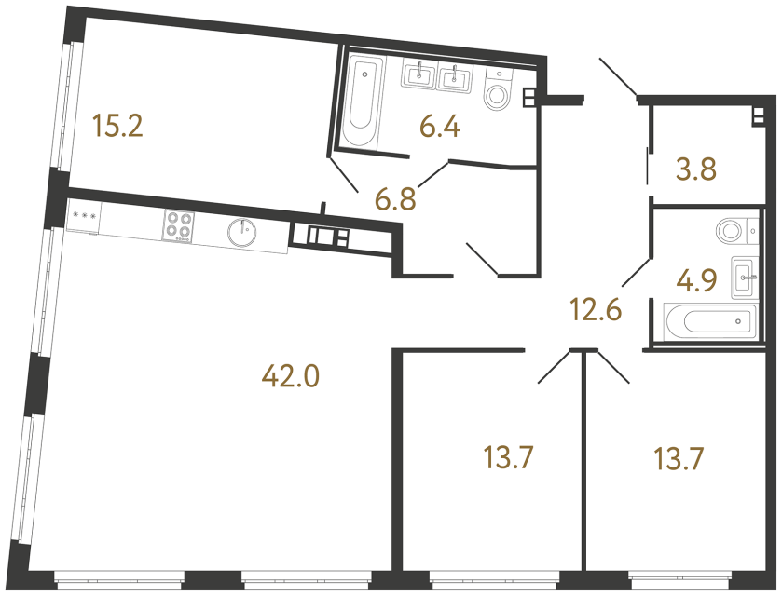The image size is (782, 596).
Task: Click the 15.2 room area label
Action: [x=117, y=126]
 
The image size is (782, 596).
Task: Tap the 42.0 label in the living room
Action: [x=291, y=376]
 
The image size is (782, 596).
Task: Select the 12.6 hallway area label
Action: [x=596, y=307]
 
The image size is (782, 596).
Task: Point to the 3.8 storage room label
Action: [x=693, y=170]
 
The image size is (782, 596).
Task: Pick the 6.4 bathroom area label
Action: [x=441, y=126]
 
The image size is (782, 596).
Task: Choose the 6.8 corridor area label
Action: [x=394, y=197]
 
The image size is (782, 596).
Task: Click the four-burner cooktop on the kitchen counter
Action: [x=179, y=225]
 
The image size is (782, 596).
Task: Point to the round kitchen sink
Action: [x=242, y=232]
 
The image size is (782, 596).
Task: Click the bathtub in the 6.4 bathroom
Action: [x=361, y=102]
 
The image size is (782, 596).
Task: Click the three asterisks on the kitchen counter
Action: [x=85, y=216]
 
